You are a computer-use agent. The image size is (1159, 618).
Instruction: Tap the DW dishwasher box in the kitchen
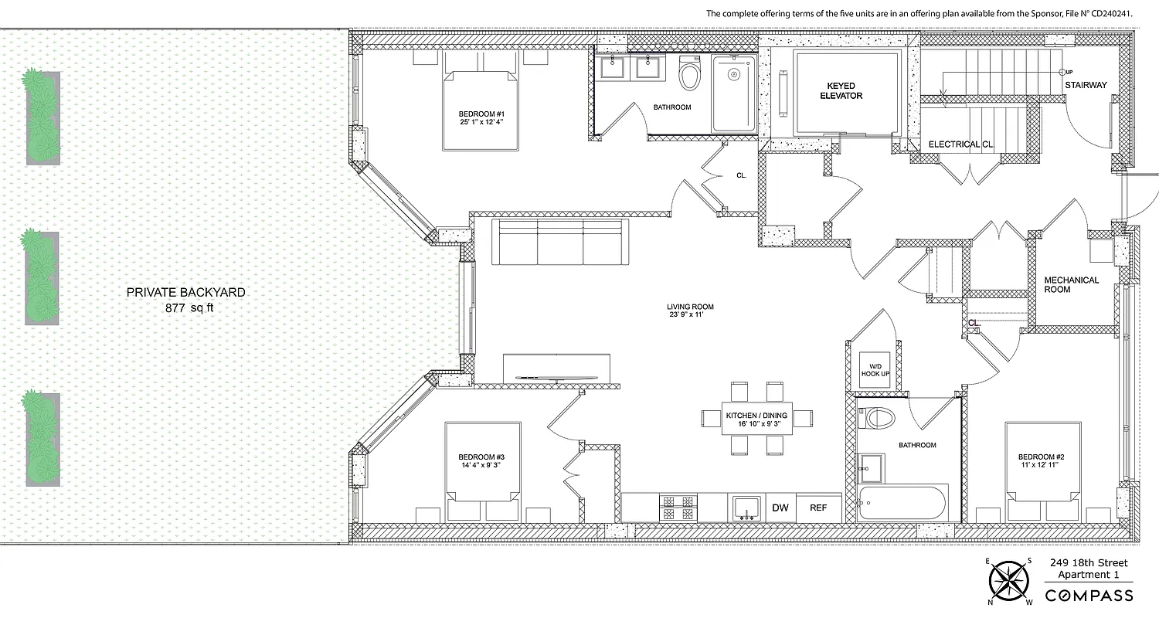[780, 508]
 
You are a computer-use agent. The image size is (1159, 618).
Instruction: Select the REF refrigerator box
[818, 508]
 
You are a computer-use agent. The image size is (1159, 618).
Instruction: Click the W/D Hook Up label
[875, 368]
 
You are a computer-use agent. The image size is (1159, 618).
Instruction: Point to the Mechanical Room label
[1071, 284]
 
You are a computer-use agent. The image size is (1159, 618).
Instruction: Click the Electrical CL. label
[960, 144]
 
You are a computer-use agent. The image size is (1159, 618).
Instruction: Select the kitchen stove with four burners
[678, 508]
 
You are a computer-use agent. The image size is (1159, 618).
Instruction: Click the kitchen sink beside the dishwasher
[744, 508]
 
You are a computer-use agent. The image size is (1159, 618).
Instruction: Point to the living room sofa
[561, 243]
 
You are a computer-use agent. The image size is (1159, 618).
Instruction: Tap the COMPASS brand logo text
[1089, 596]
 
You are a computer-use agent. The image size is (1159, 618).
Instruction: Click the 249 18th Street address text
[1088, 562]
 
